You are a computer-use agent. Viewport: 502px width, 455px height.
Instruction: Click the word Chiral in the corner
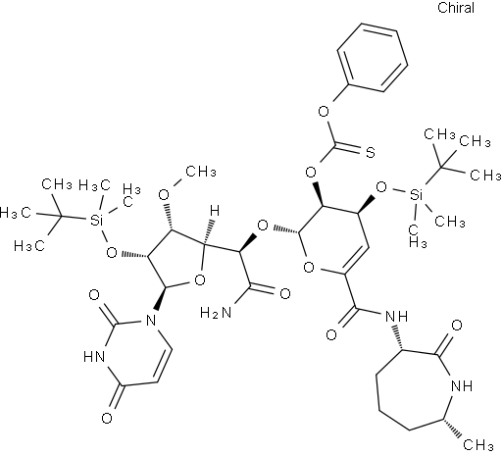click(x=456, y=8)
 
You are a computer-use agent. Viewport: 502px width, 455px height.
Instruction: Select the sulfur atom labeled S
click(x=370, y=153)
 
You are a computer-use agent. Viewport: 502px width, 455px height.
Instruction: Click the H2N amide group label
click(x=216, y=313)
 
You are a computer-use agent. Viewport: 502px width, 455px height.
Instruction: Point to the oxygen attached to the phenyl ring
click(x=324, y=112)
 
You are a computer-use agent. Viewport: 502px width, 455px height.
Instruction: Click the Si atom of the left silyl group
click(x=96, y=221)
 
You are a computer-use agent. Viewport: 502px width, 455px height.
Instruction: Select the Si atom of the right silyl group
click(x=417, y=195)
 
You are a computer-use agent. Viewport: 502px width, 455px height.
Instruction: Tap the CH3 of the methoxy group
click(x=201, y=171)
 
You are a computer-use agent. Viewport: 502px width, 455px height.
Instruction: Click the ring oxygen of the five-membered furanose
click(x=199, y=280)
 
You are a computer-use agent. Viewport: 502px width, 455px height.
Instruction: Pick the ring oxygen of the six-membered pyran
click(x=309, y=268)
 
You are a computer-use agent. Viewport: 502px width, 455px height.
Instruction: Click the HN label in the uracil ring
click(x=94, y=356)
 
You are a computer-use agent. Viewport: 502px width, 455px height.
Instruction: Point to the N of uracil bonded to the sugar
click(x=151, y=321)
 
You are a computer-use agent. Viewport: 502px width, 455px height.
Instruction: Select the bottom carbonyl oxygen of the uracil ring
click(x=107, y=418)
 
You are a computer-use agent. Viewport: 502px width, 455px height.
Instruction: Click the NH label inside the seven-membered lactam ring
click(x=462, y=386)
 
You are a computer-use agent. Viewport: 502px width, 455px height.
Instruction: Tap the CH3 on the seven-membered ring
click(x=478, y=444)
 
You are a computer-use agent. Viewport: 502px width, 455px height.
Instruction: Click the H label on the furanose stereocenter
click(x=215, y=211)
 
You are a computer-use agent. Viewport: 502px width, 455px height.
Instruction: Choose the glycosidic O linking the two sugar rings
click(x=263, y=226)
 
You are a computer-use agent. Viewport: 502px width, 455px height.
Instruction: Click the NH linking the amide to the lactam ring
click(x=397, y=316)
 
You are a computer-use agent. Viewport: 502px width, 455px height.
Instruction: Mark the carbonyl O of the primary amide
click(x=285, y=293)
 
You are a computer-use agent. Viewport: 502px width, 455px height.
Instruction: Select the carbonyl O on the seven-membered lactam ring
click(x=457, y=326)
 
